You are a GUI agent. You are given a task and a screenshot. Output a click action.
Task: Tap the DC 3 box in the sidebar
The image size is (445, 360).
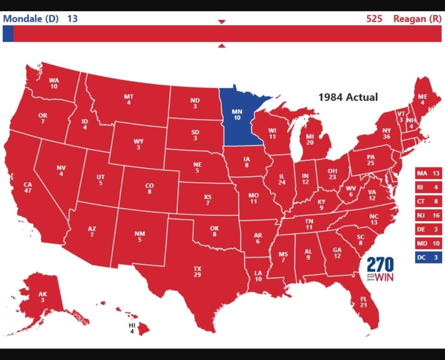(428, 257)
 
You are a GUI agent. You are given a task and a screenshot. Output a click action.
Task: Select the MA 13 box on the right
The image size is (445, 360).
(428, 173)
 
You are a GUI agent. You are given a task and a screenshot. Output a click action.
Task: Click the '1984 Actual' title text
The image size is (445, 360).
(348, 97)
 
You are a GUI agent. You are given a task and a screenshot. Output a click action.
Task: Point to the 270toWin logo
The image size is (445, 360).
(380, 269)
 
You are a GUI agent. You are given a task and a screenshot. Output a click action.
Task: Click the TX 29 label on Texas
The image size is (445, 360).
(198, 271)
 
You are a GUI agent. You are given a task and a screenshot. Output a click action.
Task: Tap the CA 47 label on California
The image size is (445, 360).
(28, 187)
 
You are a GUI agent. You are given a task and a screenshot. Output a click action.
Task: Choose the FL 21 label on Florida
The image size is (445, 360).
(363, 301)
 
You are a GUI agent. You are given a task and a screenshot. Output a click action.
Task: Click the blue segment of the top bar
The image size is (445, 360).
(8, 33)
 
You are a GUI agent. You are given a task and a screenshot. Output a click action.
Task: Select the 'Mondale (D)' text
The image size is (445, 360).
(31, 19)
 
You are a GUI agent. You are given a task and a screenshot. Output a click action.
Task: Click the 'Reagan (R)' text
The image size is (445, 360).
(417, 19)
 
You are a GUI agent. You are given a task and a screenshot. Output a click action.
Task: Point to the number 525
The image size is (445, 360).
(374, 19)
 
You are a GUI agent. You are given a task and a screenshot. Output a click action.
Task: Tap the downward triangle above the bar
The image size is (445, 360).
(222, 21)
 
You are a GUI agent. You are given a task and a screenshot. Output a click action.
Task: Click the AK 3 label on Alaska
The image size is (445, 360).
(42, 297)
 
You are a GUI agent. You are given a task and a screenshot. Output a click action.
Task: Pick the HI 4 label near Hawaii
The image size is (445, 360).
(132, 328)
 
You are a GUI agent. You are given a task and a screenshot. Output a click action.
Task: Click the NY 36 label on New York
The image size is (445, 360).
(386, 134)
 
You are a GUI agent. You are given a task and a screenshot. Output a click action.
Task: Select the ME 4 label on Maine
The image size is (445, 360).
(422, 99)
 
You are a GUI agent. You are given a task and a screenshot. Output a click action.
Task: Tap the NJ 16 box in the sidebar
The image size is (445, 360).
(428, 215)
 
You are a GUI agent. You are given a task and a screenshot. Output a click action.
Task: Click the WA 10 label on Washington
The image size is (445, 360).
(54, 83)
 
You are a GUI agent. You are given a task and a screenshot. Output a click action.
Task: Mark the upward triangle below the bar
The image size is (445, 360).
(222, 46)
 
